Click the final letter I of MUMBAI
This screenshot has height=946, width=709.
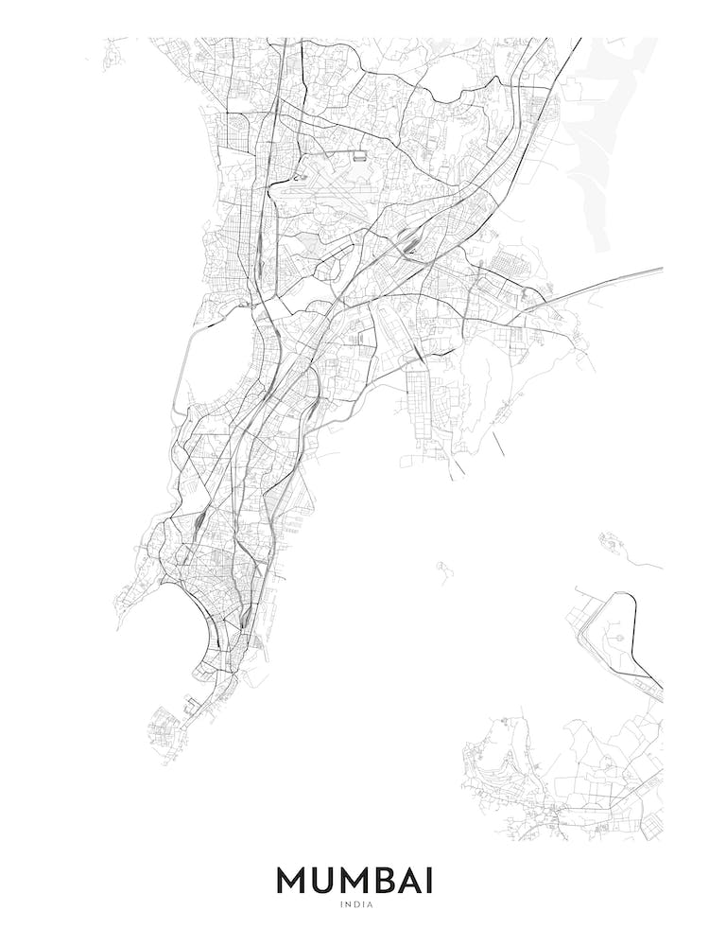click(432, 881)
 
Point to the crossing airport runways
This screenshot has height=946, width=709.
click(326, 194)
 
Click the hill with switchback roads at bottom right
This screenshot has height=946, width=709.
click(515, 757)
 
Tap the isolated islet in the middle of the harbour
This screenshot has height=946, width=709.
click(441, 568)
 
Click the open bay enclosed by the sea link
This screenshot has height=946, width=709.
click(213, 369)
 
